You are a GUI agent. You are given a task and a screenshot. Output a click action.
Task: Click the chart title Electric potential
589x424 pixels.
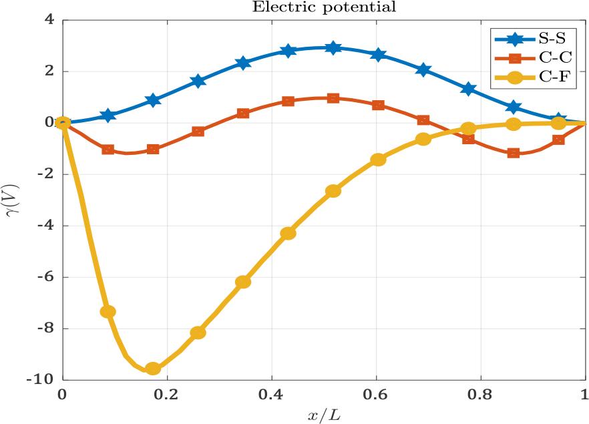[x=323, y=7]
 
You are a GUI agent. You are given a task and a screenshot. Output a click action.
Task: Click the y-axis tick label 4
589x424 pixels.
[x=49, y=19]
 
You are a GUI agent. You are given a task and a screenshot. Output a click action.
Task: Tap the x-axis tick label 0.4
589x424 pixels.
[x=271, y=394]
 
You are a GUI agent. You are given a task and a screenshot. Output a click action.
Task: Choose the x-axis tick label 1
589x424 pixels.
[x=585, y=394]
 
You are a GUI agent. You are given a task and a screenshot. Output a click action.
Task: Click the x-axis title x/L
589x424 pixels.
[x=323, y=414]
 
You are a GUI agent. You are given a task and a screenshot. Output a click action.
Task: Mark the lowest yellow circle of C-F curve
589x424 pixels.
[x=153, y=368]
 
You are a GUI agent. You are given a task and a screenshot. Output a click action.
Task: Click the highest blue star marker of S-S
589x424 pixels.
[x=333, y=47]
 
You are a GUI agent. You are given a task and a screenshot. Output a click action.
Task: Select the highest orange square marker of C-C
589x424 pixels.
[x=333, y=98]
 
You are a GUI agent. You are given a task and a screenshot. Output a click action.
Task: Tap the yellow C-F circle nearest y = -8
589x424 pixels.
[x=198, y=333]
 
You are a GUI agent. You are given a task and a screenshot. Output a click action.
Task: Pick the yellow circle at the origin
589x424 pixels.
[x=63, y=123]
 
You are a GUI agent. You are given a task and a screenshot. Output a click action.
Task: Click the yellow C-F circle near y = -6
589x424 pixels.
[x=243, y=282]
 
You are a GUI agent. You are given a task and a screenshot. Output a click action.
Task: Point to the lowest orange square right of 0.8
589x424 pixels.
[x=513, y=153]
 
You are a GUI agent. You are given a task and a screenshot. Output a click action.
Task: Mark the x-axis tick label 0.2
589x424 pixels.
[x=167, y=394]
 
